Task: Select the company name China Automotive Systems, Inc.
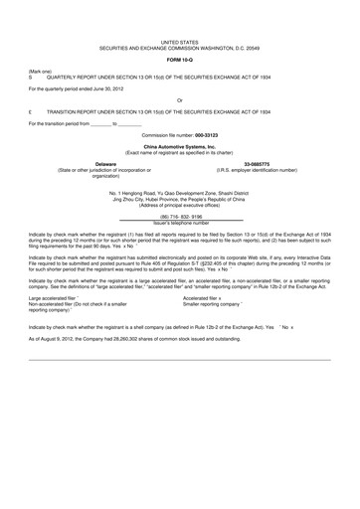(x=180, y=146)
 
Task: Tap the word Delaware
(x=76, y=162)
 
